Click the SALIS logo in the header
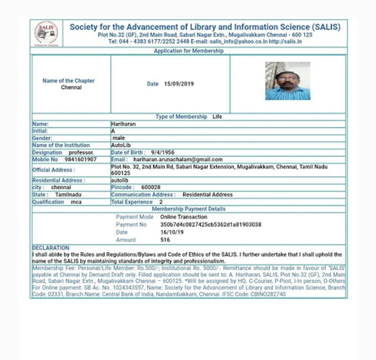pos(46,33)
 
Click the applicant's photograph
pos(288,81)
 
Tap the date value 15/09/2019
pos(179,84)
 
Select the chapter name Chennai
pos(71,87)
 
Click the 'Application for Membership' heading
pos(188,51)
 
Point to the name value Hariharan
pos(124,124)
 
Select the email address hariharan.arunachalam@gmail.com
pos(178,160)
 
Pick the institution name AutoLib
pos(121,145)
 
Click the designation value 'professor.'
pos(82,152)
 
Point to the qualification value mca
pos(76,202)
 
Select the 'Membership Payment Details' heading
pos(188,209)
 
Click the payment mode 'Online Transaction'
pos(184,217)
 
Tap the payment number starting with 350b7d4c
pos(210,224)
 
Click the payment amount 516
pos(165,240)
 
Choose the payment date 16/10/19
pos(172,232)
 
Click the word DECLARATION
pos(51,248)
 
